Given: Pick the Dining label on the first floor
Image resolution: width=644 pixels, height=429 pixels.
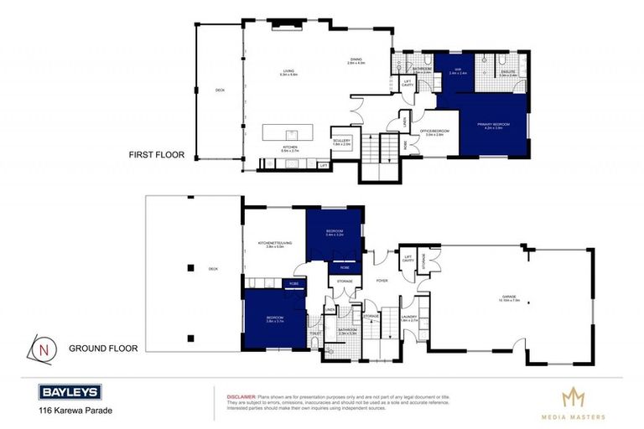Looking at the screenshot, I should (356, 61).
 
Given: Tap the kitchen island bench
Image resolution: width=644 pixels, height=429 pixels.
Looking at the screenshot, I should (288, 132).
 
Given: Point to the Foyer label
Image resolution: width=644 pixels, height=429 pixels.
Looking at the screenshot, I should (382, 281).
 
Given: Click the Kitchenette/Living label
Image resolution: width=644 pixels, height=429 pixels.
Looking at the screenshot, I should (275, 245).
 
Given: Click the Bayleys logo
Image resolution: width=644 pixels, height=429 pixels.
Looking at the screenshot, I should (70, 391).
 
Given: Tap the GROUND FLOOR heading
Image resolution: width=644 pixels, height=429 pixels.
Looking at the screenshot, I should (102, 348).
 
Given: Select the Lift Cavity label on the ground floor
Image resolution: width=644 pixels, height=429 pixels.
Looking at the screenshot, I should (408, 259).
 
